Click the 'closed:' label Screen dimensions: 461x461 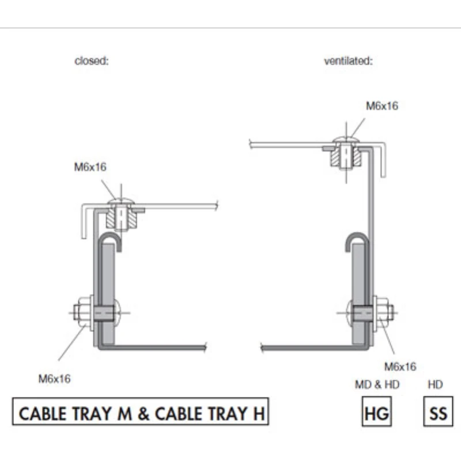92,61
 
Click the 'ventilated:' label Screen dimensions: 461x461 349,61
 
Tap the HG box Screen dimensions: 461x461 377,411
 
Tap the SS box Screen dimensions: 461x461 438,411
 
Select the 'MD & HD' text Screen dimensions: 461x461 377,384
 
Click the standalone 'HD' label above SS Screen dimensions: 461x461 435,384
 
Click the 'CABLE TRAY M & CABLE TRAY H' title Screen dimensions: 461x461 141,411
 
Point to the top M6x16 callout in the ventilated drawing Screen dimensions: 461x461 382,106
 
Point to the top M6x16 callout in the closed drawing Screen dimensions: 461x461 90,167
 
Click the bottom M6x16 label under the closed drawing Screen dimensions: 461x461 54,379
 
